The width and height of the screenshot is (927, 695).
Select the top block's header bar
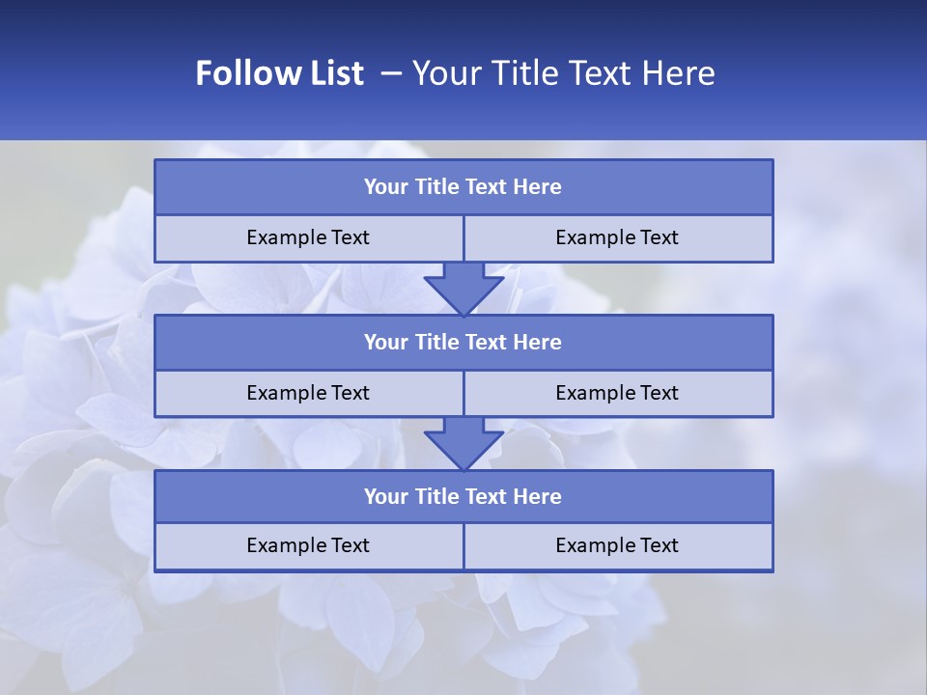pyautogui.click(x=463, y=187)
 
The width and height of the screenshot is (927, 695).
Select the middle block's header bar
pyautogui.click(x=463, y=342)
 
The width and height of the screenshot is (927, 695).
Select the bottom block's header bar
pyautogui.click(x=463, y=496)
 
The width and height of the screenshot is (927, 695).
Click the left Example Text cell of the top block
pyautogui.click(x=309, y=238)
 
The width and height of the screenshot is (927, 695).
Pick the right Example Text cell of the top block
pyautogui.click(x=618, y=238)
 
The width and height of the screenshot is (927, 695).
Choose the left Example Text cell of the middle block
pyautogui.click(x=309, y=393)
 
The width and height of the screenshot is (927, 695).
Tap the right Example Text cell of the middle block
pyautogui.click(x=618, y=393)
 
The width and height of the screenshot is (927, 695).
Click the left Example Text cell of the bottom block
pyautogui.click(x=309, y=545)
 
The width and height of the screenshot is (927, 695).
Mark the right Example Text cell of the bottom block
pyautogui.click(x=618, y=545)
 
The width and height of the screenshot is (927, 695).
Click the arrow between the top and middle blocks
pyautogui.click(x=463, y=288)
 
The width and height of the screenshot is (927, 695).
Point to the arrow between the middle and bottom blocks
pyautogui.click(x=463, y=443)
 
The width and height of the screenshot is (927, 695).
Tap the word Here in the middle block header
pyautogui.click(x=538, y=342)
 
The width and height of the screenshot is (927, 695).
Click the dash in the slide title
pyautogui.click(x=392, y=73)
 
